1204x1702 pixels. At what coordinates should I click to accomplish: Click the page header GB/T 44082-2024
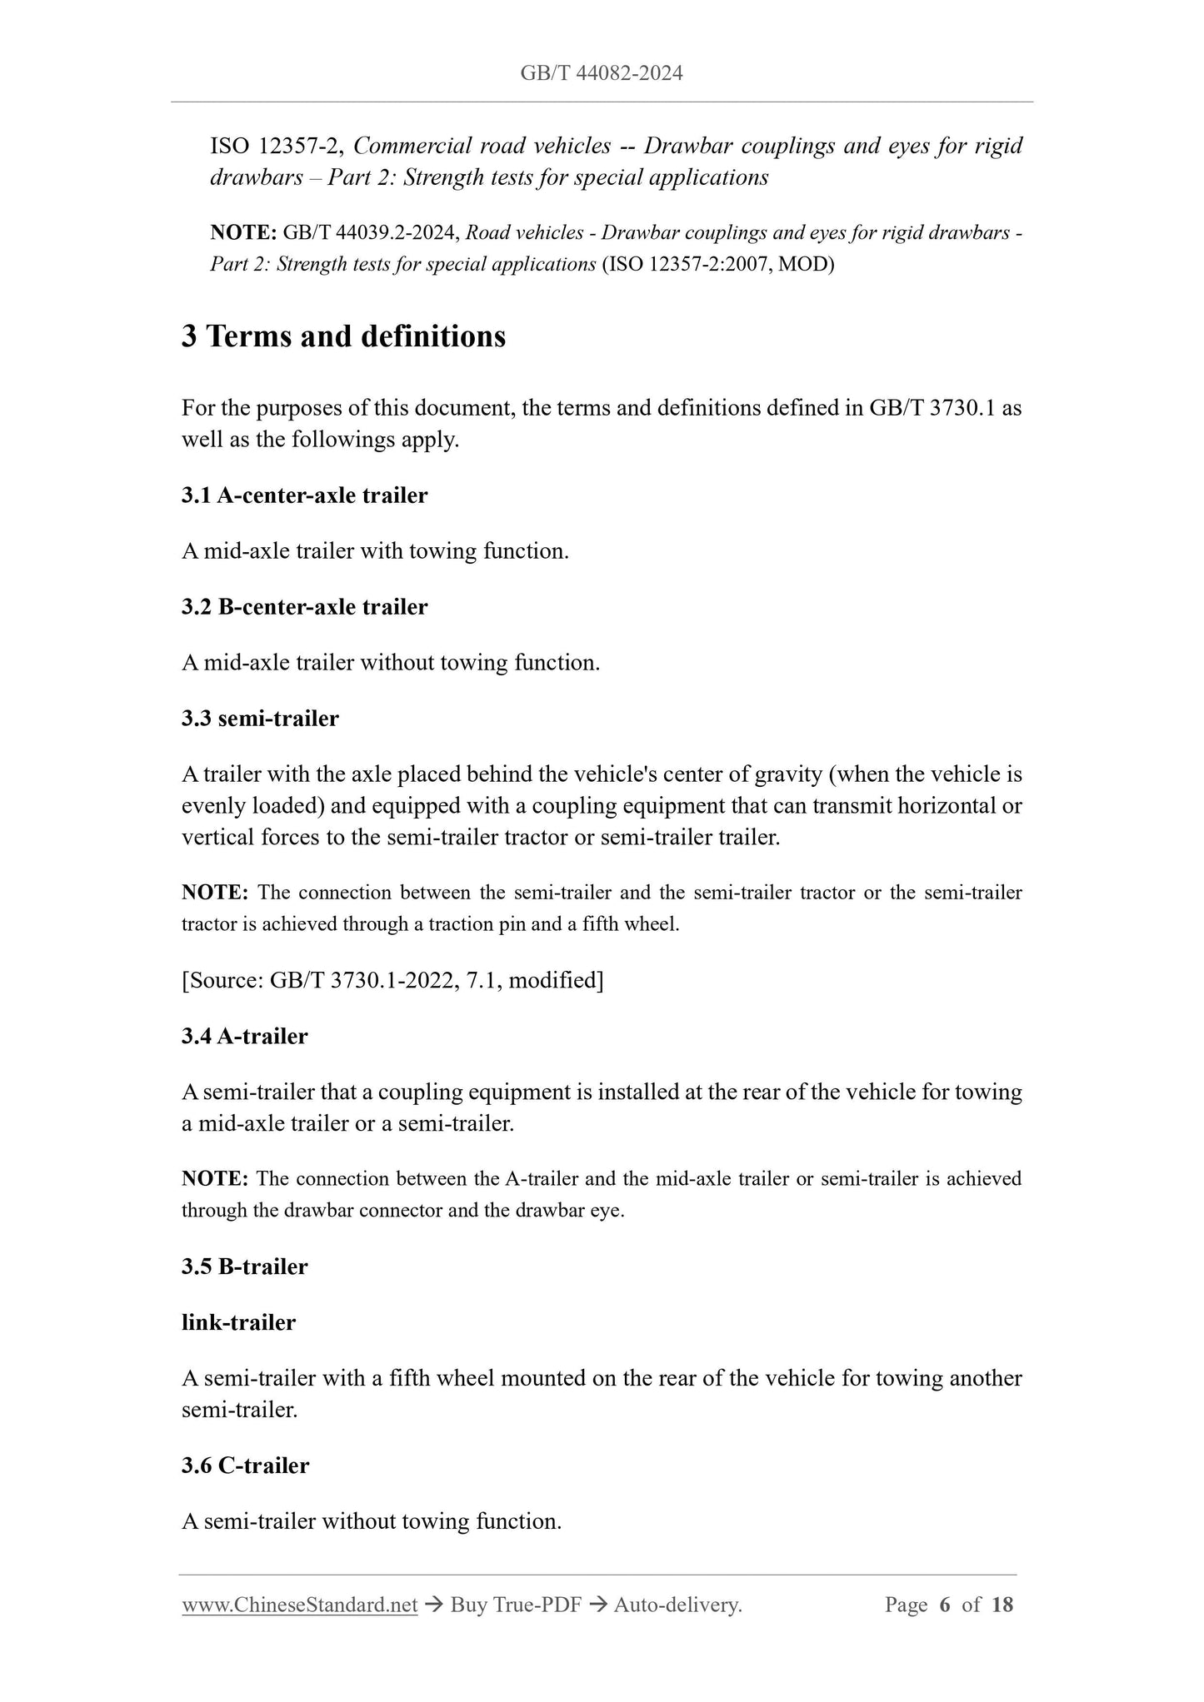601,73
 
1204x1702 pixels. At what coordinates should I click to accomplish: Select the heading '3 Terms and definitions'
343,336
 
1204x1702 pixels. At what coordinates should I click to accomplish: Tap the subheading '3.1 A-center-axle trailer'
304,495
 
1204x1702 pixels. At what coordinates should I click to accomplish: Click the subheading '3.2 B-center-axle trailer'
304,607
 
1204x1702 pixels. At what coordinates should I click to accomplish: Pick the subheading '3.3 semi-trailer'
260,718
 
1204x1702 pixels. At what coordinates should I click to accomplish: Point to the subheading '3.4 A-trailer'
244,1037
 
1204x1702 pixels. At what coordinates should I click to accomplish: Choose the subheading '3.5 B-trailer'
244,1267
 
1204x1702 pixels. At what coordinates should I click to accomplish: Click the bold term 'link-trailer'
238,1322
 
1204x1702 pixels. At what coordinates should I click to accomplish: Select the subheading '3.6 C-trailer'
245,1466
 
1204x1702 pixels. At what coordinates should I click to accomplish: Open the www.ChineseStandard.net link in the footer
299,1605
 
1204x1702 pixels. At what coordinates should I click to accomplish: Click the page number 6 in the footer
944,1605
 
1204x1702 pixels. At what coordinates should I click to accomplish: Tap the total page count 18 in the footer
1002,1605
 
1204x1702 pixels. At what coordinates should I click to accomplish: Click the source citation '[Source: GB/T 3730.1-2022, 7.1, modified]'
392,980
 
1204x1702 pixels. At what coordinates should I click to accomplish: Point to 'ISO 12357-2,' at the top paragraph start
277,147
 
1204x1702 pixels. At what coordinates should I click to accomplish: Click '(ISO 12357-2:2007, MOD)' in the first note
717,265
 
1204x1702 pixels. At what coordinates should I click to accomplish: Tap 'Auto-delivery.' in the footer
677,1605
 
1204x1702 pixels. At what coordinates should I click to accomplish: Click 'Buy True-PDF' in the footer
515,1605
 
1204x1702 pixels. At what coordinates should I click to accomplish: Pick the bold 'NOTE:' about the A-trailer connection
215,1179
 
